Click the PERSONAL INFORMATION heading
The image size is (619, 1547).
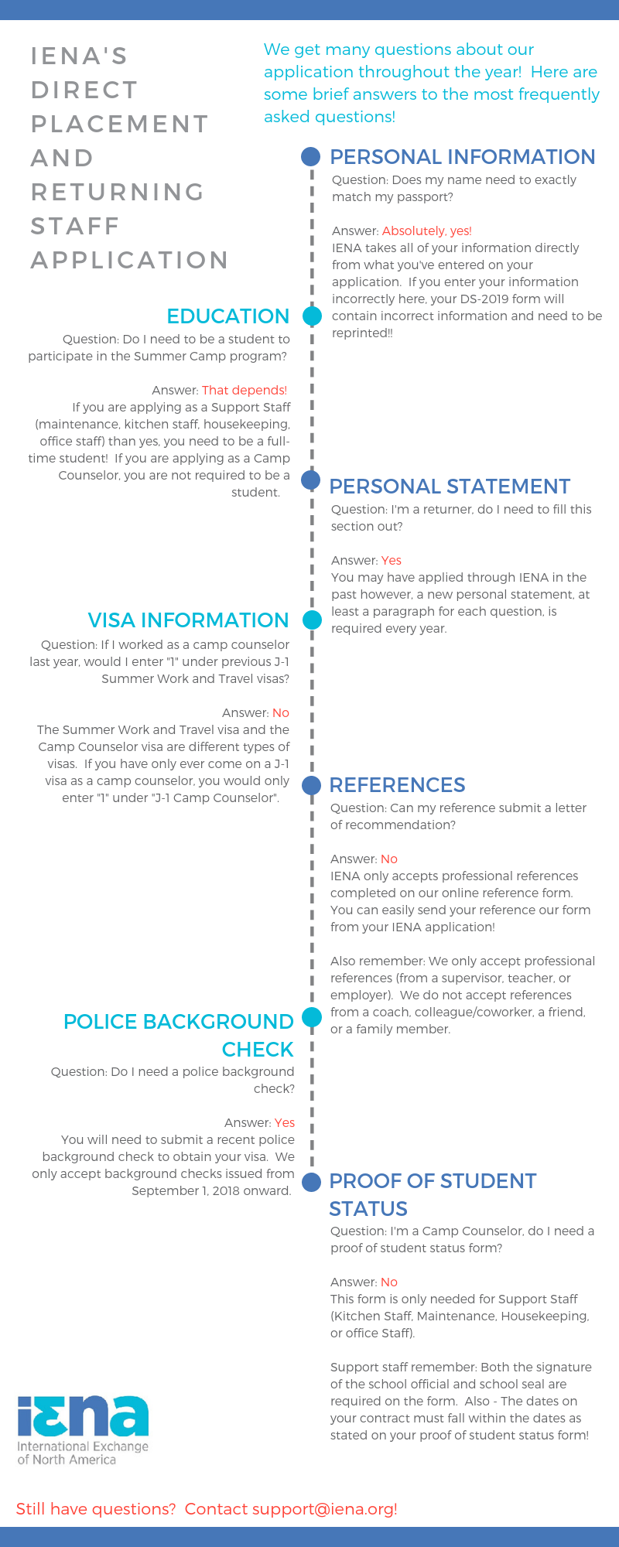click(462, 157)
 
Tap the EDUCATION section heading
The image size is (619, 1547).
click(227, 316)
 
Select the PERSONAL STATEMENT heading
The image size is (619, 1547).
click(450, 487)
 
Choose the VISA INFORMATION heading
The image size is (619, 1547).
click(188, 620)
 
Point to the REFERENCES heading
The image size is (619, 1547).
click(397, 785)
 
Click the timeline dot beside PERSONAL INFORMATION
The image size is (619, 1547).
click(310, 157)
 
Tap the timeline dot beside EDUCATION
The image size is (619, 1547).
click(312, 316)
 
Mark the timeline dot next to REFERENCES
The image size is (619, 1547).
click(311, 785)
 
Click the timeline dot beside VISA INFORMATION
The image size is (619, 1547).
click(312, 620)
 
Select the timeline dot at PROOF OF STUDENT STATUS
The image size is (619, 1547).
click(311, 1182)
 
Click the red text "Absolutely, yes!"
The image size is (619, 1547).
click(426, 231)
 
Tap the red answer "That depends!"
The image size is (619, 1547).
click(244, 391)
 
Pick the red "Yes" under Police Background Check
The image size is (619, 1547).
click(284, 1123)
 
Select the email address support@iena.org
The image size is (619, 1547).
click(324, 1509)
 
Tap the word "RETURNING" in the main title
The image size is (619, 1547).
click(118, 192)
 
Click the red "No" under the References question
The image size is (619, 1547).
click(388, 859)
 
